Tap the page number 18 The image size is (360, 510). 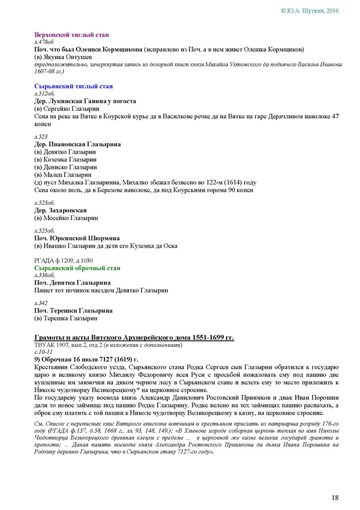(335, 497)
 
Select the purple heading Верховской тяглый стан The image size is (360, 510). (67, 35)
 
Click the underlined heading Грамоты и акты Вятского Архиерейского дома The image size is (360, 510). (134, 338)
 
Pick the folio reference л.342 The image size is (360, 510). (41, 303)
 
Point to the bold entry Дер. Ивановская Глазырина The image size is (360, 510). (78, 144)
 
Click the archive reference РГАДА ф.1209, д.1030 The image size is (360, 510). (64, 261)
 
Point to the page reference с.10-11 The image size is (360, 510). (43, 352)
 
